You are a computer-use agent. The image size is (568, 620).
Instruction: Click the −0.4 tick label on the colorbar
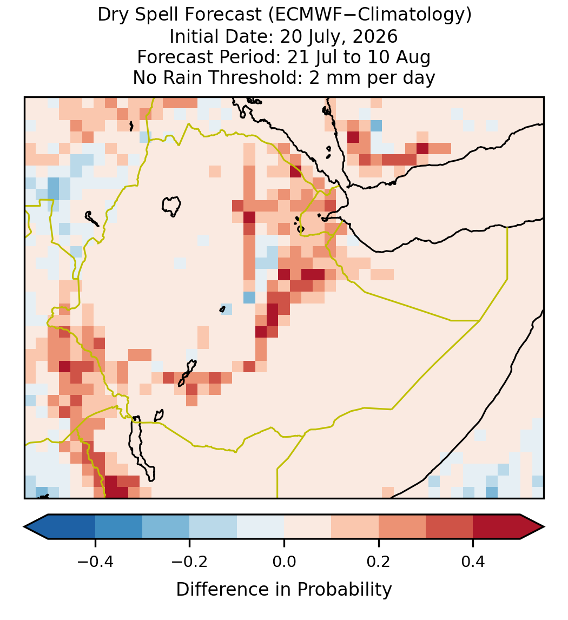(x=95, y=562)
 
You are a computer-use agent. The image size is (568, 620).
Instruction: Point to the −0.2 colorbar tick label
(x=190, y=562)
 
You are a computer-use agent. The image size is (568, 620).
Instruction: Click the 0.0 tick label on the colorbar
(x=284, y=562)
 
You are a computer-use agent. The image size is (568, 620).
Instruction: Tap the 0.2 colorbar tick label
(x=379, y=562)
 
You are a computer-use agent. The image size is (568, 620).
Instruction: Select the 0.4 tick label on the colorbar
(x=473, y=562)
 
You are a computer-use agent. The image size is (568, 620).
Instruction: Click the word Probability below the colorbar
(x=345, y=590)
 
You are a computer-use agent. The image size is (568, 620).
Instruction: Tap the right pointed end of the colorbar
(x=544, y=527)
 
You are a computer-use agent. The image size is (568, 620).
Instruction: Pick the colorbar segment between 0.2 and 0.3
(x=402, y=527)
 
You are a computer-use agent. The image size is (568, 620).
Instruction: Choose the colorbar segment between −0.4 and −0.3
(x=119, y=527)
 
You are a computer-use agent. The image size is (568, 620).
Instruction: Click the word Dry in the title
(x=113, y=15)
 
